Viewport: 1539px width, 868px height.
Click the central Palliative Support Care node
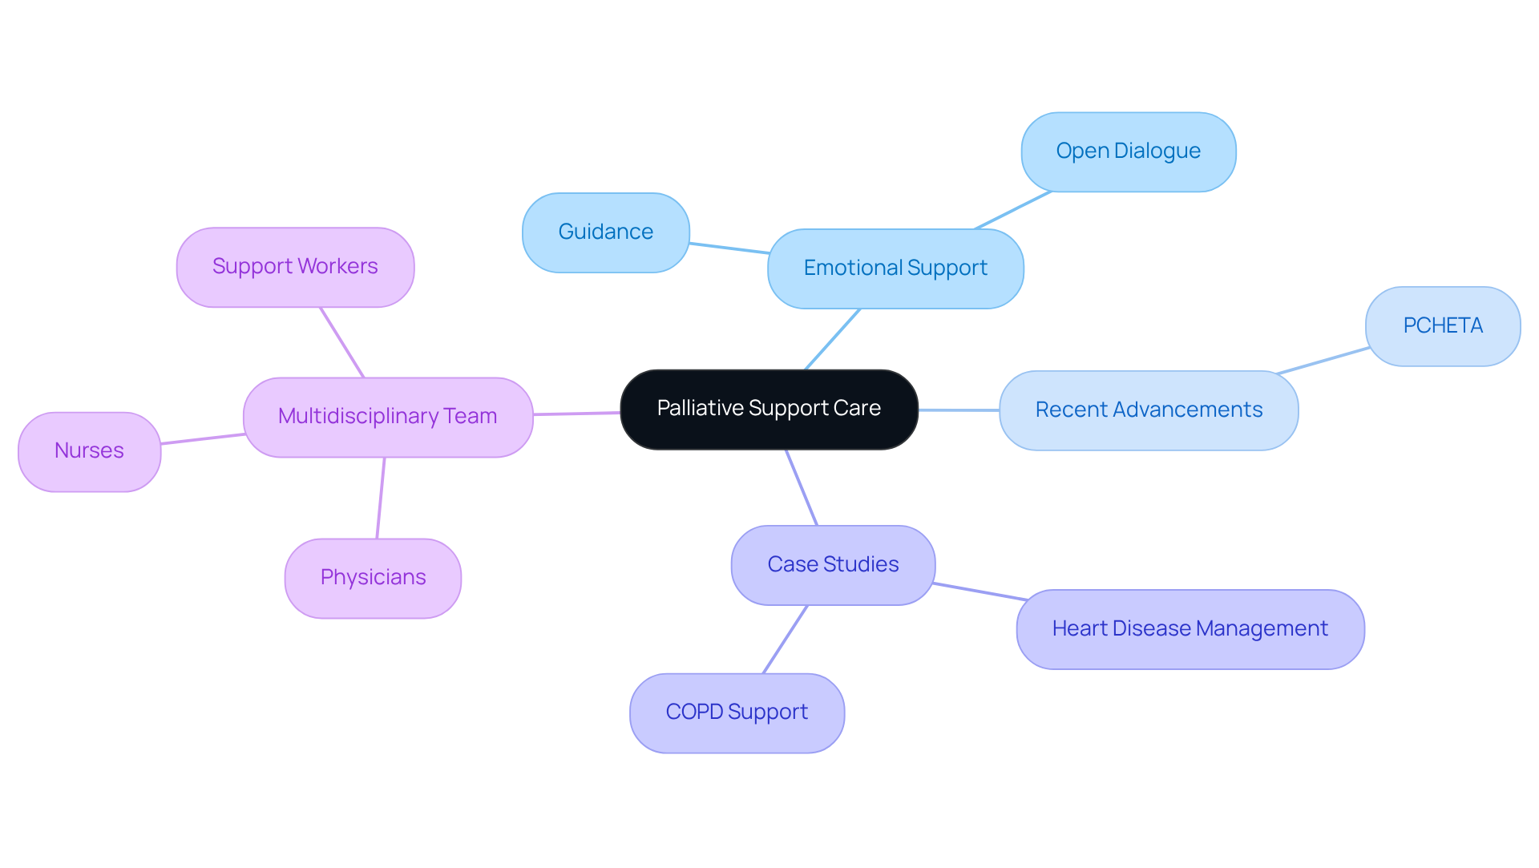tap(769, 409)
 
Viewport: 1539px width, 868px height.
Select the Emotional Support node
tap(895, 268)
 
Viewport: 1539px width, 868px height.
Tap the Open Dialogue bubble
tap(1128, 151)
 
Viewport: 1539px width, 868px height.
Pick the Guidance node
tap(605, 232)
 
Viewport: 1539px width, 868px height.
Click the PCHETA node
tap(1442, 326)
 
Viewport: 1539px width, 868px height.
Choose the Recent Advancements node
tap(1148, 410)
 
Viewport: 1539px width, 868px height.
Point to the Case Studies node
tap(833, 565)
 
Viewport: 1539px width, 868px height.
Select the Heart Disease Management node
tap(1190, 629)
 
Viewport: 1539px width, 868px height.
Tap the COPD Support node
tap(737, 713)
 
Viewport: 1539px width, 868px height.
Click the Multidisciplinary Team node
tap(388, 417)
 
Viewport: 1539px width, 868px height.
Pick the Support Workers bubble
tap(295, 267)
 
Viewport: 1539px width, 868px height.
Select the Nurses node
tap(89, 451)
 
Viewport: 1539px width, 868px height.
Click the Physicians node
tap(373, 578)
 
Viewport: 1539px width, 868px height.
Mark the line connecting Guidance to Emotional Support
tap(729, 248)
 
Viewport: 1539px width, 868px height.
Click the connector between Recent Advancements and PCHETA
tap(1323, 361)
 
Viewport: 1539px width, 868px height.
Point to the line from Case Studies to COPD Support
tap(785, 640)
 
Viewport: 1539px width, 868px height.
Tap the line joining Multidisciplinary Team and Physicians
tap(381, 498)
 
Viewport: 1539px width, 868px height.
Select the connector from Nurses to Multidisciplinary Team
tap(202, 438)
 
